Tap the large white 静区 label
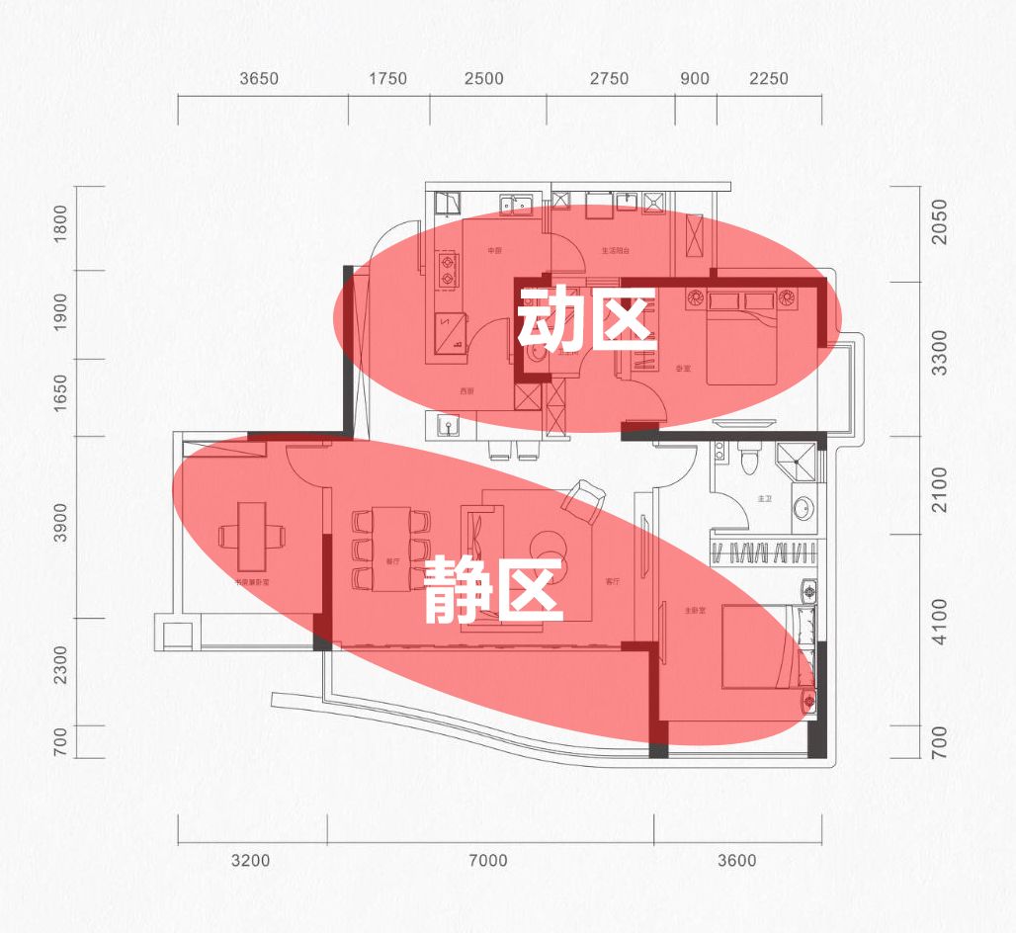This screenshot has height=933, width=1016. [494, 590]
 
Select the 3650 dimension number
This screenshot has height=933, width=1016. [260, 79]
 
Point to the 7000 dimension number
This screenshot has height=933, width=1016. [488, 861]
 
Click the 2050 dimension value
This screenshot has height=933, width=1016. [939, 222]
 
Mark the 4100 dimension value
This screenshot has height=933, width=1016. [939, 621]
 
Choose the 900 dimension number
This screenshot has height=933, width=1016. [695, 79]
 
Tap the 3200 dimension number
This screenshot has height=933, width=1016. [250, 861]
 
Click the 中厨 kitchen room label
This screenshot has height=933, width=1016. [495, 251]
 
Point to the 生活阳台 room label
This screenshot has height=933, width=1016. [616, 251]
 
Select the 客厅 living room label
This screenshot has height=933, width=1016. [613, 582]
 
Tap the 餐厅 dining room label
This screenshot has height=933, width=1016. [392, 561]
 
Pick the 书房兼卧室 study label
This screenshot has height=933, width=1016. [252, 582]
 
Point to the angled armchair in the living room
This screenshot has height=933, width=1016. [584, 500]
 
